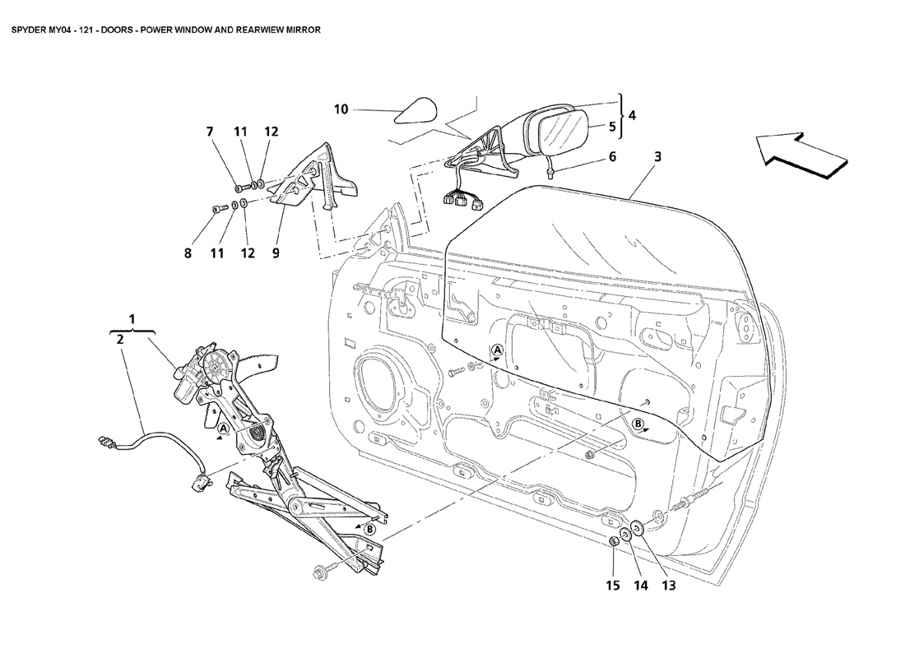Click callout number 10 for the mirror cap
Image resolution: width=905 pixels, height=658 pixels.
tap(341, 109)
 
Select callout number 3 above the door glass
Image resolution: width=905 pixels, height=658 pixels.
tap(658, 155)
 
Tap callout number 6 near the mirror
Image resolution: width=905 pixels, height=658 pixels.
tap(612, 155)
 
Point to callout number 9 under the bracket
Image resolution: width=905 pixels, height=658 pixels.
tap(276, 253)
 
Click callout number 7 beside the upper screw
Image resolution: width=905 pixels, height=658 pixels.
tap(210, 132)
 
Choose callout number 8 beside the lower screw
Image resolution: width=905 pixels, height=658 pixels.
tap(188, 253)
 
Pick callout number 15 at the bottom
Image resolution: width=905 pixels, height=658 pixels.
tap(613, 586)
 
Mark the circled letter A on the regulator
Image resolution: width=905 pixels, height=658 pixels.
tap(223, 429)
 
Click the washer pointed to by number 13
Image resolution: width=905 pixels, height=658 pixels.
tap(638, 526)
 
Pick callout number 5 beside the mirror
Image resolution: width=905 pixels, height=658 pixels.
tap(612, 127)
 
